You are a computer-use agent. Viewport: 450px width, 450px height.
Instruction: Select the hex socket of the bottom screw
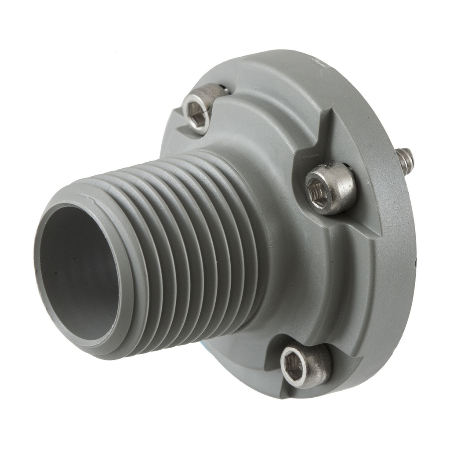pyautogui.click(x=294, y=367)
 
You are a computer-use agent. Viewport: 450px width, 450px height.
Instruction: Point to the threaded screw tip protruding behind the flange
pyautogui.click(x=405, y=160)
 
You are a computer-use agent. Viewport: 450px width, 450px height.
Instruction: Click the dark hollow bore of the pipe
pyautogui.click(x=79, y=272)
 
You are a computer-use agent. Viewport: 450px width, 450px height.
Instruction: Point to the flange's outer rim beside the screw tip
pyautogui.click(x=411, y=193)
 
